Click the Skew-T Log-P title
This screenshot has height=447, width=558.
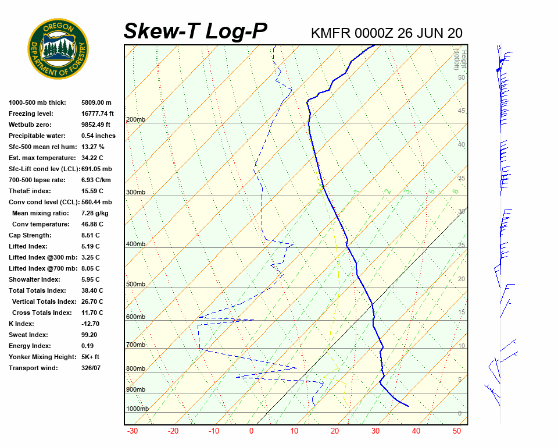click(x=195, y=31)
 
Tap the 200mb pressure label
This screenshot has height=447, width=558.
click(x=135, y=120)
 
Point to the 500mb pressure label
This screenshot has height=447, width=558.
click(x=135, y=285)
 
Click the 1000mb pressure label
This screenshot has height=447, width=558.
click(x=137, y=409)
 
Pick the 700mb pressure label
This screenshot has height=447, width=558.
click(x=135, y=345)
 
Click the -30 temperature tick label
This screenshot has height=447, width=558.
click(x=132, y=431)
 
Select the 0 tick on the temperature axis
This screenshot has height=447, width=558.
click(x=251, y=431)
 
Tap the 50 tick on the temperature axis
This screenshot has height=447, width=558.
click(x=457, y=431)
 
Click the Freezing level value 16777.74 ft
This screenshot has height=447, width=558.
click(x=98, y=113)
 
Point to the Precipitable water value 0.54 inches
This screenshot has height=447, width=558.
click(x=98, y=136)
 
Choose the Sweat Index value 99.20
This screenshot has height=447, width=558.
click(x=90, y=335)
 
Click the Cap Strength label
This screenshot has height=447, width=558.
click(x=30, y=235)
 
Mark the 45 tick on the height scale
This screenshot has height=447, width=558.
click(x=462, y=111)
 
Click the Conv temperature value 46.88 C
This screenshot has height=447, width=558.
click(x=93, y=224)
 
